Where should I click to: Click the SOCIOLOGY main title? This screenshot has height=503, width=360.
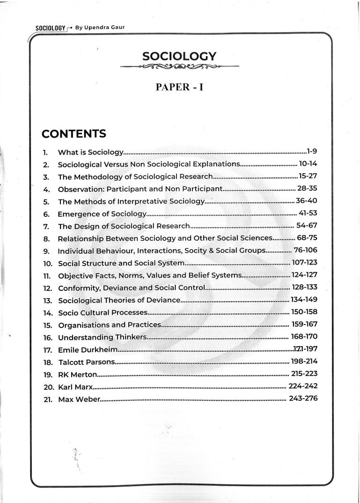179,57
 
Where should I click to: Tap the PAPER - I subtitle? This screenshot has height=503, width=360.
179,88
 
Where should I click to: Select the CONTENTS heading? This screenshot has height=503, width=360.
73,134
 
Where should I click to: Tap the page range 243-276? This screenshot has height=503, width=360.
303,399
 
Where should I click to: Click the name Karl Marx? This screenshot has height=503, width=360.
75,387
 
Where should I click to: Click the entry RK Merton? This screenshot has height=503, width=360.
77,375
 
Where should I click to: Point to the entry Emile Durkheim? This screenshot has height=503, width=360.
88,350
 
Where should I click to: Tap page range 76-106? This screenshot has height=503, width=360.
305,250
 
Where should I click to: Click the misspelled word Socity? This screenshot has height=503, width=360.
192,251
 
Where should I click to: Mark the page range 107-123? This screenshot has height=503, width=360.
304,263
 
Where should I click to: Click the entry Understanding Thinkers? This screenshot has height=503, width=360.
102,337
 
